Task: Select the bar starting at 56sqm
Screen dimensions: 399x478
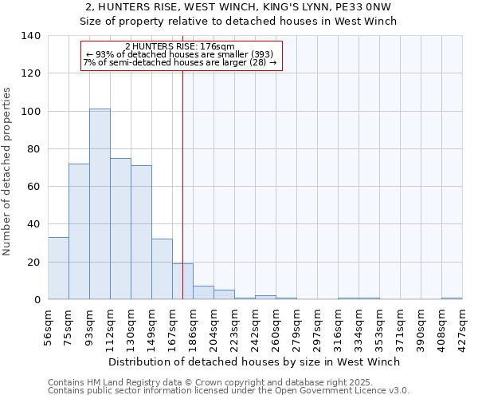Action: [x=58, y=268]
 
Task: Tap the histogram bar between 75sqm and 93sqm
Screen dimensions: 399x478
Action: [x=79, y=231]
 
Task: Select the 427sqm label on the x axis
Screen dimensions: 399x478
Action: [x=463, y=326]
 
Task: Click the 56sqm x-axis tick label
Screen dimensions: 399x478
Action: [x=49, y=326]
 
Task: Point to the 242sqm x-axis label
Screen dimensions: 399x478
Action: [x=256, y=326]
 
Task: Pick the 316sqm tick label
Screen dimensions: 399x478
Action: [x=339, y=326]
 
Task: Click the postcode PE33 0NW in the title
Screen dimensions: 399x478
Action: [x=366, y=7]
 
